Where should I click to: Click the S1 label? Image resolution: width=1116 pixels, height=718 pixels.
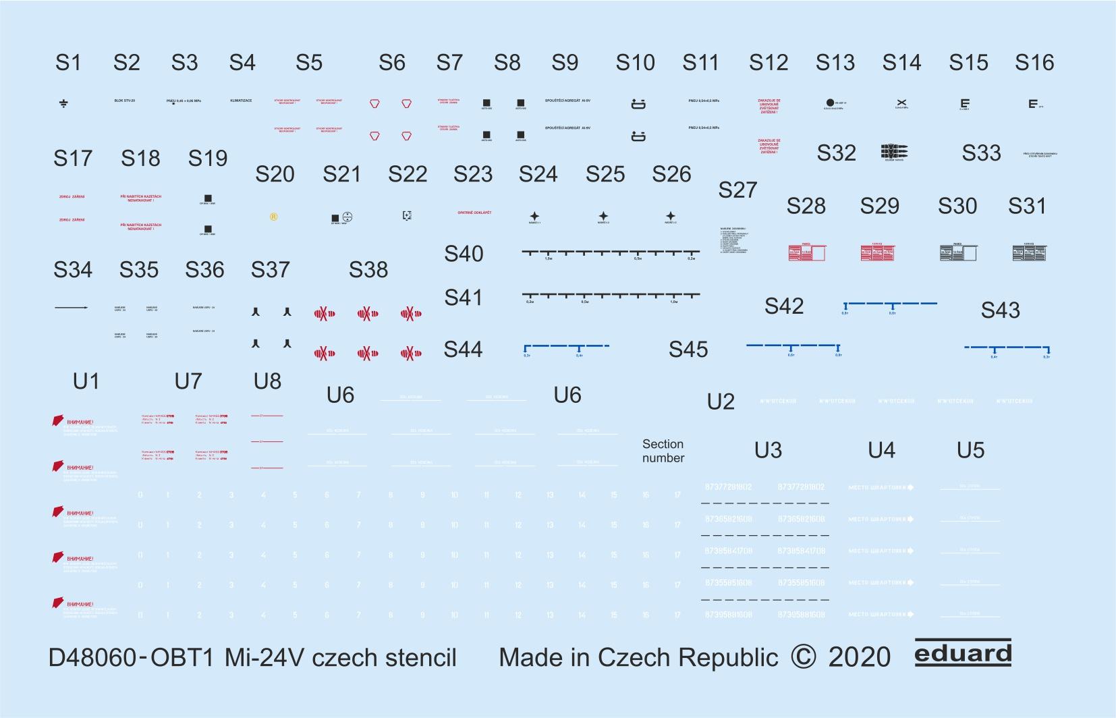tap(68, 63)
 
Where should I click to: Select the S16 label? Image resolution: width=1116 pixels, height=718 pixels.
tap(1034, 63)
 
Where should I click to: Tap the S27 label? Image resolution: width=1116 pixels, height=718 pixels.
tap(737, 190)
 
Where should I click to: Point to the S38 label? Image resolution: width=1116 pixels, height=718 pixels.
tap(368, 270)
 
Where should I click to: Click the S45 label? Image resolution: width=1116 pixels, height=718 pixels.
tap(688, 350)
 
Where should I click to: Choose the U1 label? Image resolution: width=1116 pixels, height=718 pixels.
tap(86, 381)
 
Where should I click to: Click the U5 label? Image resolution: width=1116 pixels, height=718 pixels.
tap(970, 450)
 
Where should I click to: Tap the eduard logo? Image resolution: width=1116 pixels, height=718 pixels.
tap(963, 654)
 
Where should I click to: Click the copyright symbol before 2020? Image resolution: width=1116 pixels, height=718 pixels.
tap(803, 657)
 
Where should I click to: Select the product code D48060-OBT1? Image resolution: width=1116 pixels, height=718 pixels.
tap(131, 658)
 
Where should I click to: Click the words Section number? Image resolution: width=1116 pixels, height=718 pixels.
tap(663, 451)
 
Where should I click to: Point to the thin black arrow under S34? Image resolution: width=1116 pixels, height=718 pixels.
tap(71, 308)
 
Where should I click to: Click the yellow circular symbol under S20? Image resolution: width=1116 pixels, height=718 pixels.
tap(273, 217)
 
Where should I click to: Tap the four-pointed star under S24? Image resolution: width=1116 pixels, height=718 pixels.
tap(534, 216)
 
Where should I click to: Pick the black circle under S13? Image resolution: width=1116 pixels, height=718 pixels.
tap(830, 103)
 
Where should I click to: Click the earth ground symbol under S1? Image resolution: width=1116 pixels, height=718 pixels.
tap(63, 103)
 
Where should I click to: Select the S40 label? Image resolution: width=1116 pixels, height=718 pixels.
tap(464, 254)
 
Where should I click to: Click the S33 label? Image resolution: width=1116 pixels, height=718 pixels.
tap(981, 153)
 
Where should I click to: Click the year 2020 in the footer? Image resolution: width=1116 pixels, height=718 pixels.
tap(859, 658)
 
